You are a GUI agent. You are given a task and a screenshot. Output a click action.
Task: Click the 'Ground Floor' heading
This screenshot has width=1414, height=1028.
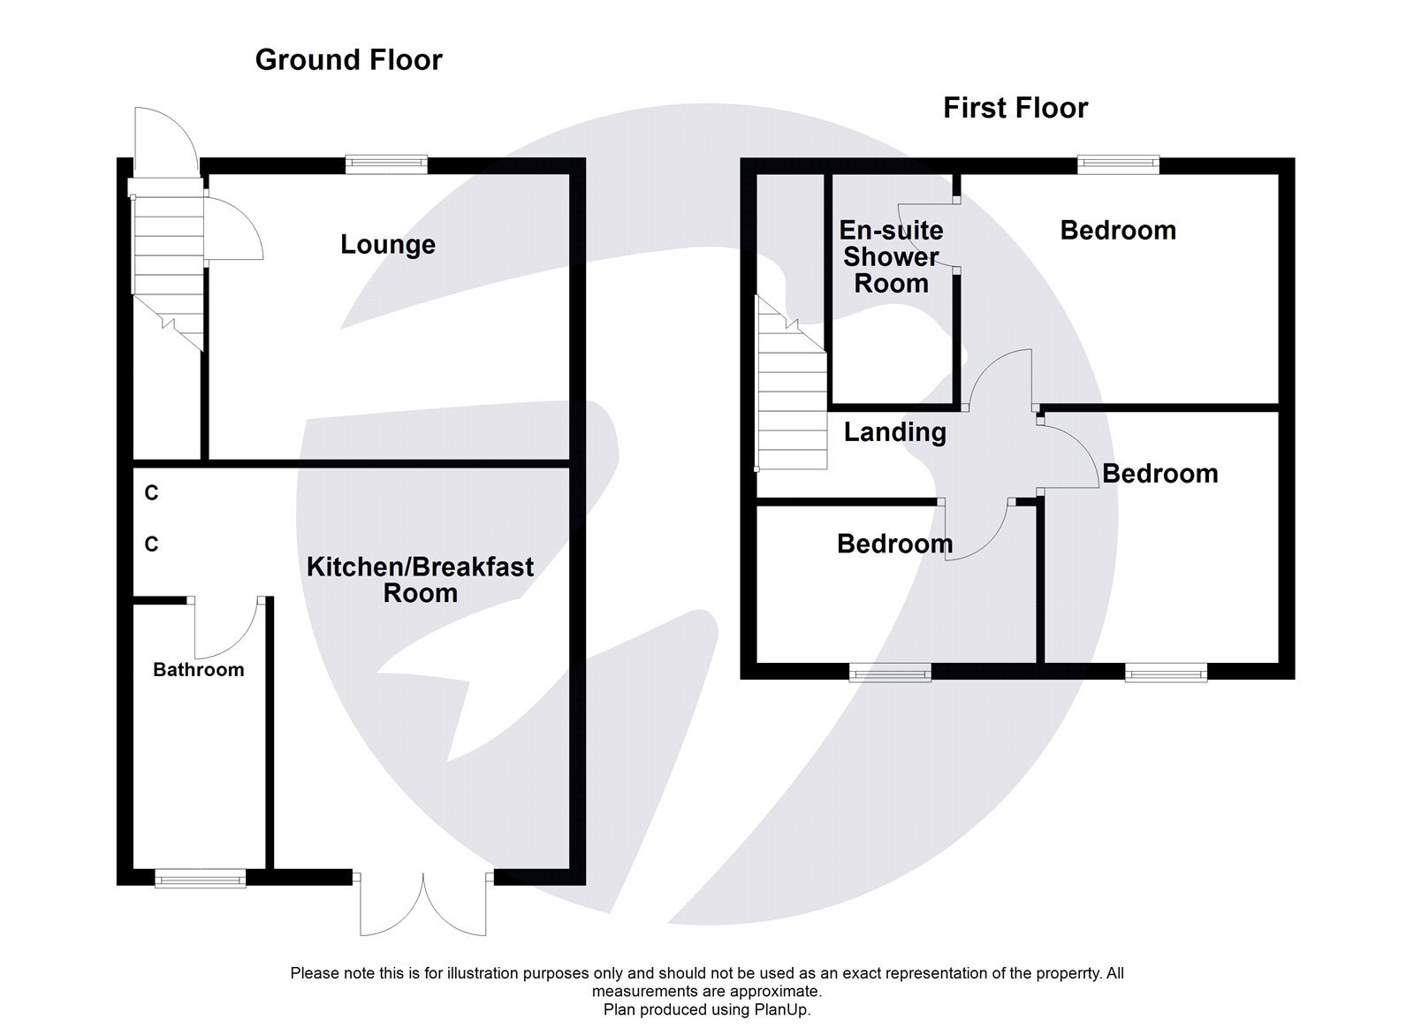348,60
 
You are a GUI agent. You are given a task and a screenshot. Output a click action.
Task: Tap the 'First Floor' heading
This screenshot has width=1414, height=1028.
1015,108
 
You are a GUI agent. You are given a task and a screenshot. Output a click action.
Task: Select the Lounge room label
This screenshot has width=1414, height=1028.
388,245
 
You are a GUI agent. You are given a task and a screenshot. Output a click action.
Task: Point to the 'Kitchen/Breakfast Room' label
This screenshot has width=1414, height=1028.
420,580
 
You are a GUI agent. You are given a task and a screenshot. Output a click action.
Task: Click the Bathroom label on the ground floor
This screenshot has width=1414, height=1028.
198,670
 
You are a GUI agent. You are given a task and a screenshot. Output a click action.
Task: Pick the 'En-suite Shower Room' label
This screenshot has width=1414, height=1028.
891,257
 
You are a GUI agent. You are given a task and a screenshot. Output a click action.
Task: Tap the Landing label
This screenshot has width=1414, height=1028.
894,432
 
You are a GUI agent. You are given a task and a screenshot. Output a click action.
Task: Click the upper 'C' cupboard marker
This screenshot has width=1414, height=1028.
151,493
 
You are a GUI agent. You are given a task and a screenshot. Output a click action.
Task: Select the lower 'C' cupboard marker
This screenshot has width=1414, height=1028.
151,544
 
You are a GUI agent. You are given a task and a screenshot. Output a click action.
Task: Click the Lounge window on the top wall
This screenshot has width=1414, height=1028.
386,164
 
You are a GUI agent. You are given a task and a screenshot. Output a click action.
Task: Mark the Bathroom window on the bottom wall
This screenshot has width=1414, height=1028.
200,878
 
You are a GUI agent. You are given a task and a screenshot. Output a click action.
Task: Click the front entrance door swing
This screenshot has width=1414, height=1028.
164,141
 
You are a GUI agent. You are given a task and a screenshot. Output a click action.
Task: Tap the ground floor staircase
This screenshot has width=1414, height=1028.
168,265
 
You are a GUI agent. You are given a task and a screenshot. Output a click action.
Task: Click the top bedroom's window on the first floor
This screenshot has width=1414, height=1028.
1118,164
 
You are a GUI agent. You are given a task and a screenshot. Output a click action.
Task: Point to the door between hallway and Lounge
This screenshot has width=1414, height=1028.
232,228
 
